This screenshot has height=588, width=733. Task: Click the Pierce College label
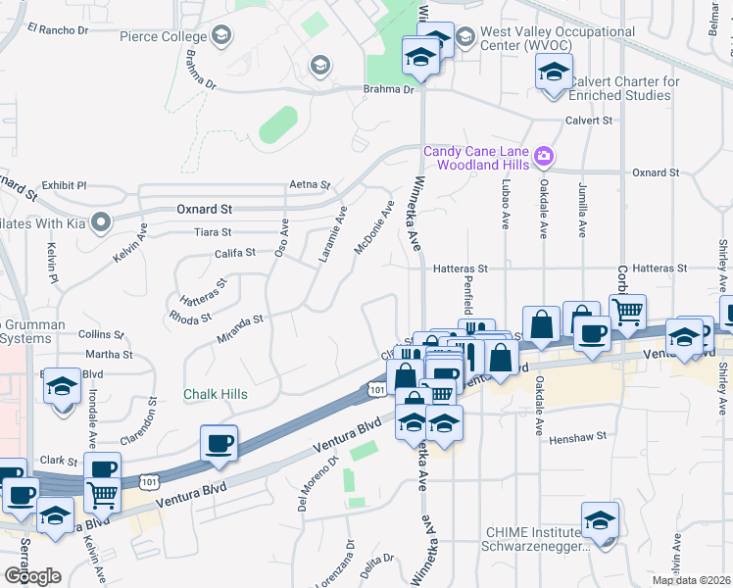tap(162, 37)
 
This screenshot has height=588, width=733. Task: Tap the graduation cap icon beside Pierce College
tap(221, 37)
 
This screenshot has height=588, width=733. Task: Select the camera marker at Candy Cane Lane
tap(544, 155)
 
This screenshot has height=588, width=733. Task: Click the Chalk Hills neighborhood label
tap(216, 394)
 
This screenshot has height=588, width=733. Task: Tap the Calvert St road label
tap(588, 121)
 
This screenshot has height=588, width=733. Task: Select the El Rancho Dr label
tap(58, 29)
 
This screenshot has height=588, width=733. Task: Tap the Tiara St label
tap(212, 232)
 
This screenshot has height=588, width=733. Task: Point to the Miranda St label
tap(240, 320)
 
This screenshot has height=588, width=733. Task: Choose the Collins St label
tap(102, 335)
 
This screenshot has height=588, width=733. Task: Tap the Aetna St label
tap(310, 184)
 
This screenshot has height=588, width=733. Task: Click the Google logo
tap(32, 575)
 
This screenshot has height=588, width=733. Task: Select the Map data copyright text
tap(691, 580)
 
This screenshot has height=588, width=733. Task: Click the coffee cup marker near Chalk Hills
tap(218, 442)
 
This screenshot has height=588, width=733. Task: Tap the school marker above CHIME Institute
tap(600, 519)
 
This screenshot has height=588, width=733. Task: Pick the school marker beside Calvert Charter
tap(554, 73)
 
